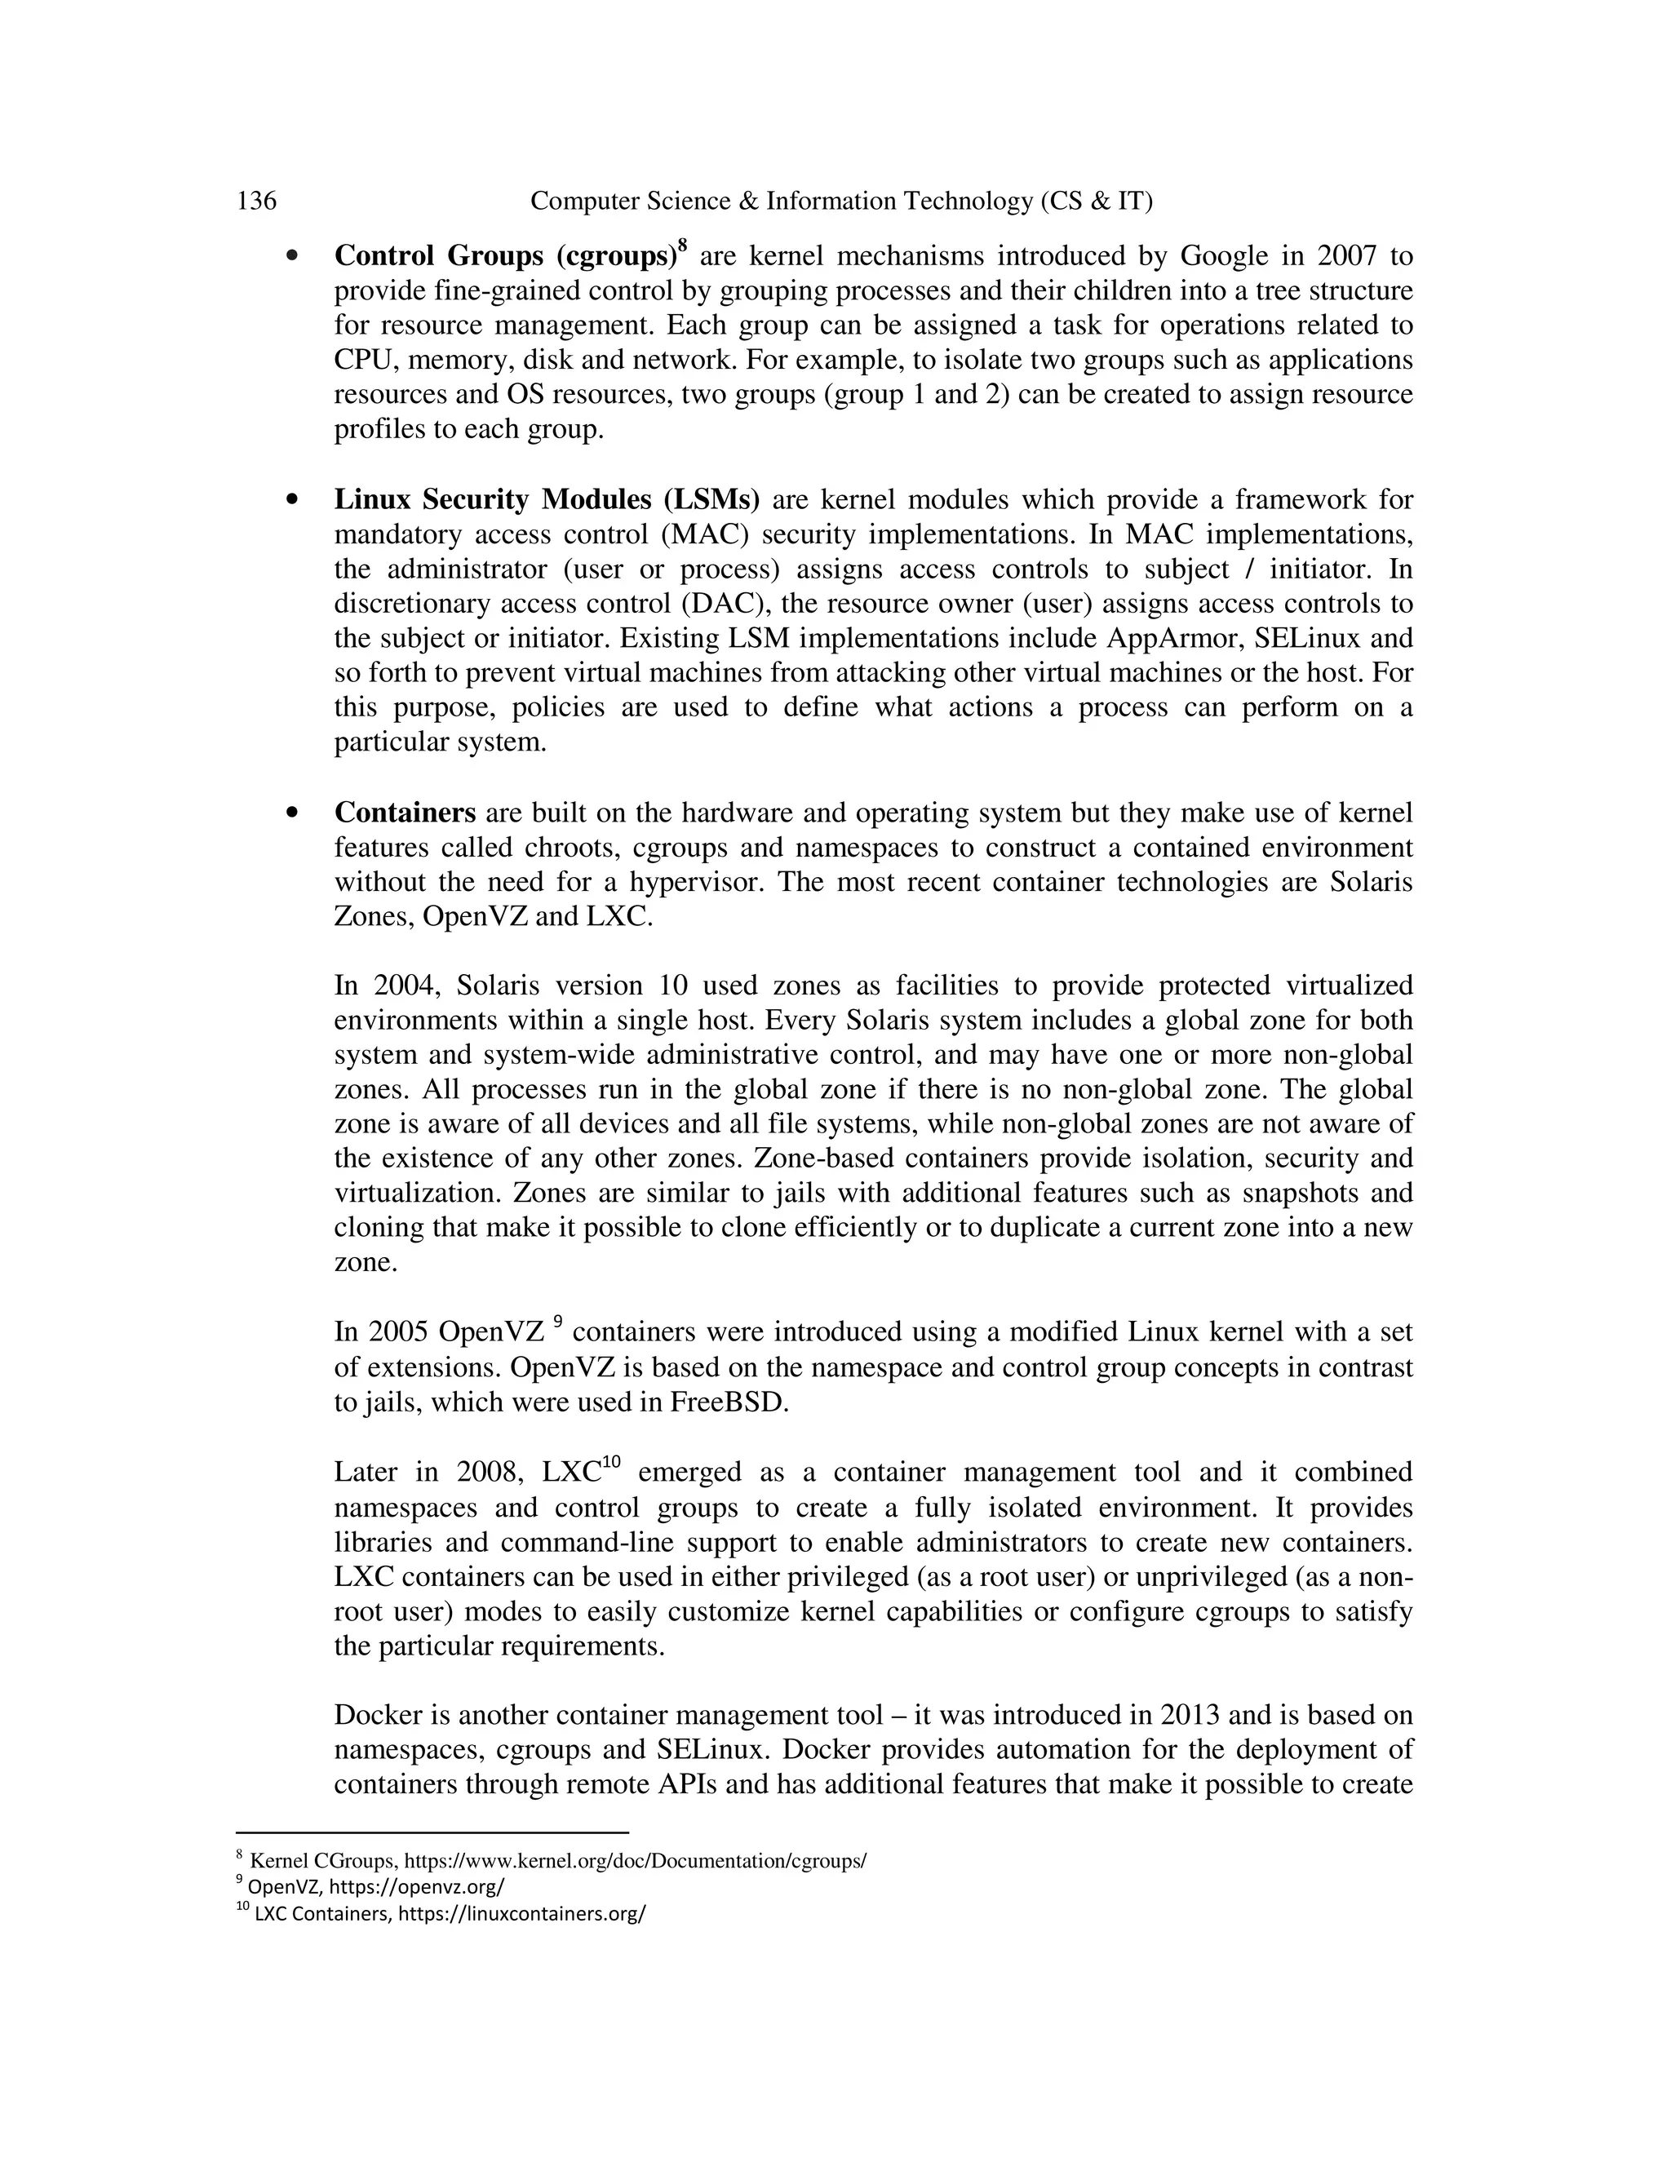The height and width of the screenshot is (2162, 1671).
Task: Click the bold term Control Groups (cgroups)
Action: pos(504,256)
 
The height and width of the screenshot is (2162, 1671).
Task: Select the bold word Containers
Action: pos(405,813)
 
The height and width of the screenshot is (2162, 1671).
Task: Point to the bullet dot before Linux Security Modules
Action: pos(291,500)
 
